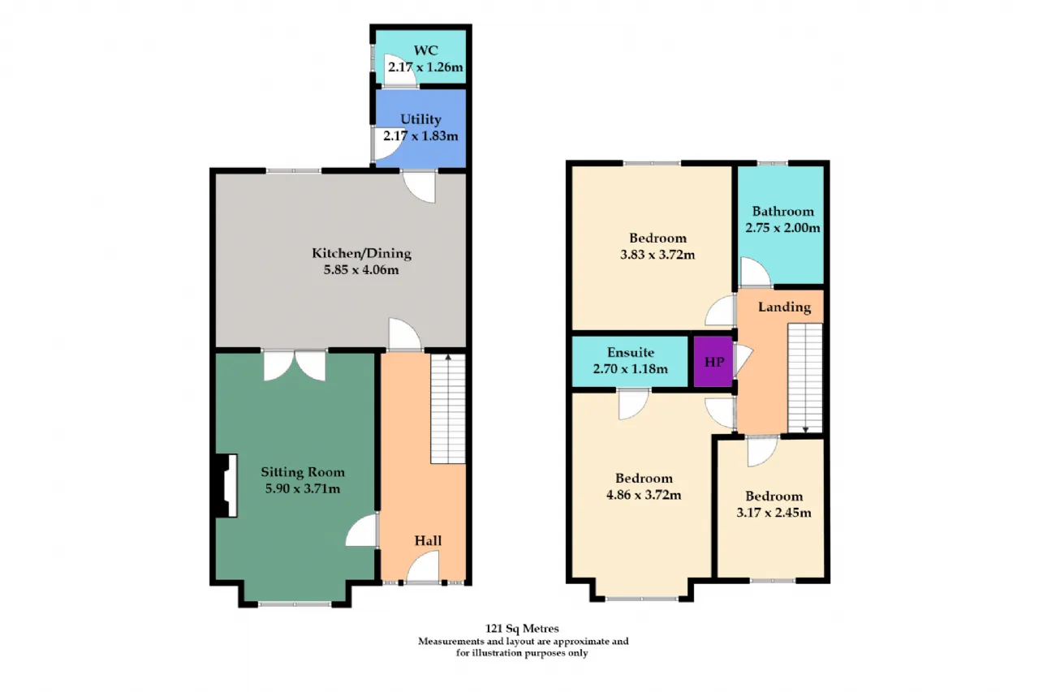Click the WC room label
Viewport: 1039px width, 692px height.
point(425,50)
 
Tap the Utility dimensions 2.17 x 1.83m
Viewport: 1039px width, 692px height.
point(420,135)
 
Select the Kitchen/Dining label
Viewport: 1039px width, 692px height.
point(361,253)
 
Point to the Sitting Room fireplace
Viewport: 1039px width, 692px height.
point(226,485)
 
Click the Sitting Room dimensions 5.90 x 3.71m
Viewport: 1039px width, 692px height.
point(303,488)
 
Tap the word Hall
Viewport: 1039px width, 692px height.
point(428,540)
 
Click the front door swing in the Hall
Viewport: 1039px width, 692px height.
point(423,566)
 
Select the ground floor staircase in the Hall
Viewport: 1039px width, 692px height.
point(448,409)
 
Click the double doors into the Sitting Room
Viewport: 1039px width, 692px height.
point(295,366)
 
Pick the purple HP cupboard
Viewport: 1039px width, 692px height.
point(714,362)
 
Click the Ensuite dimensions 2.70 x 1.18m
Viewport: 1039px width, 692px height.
point(631,369)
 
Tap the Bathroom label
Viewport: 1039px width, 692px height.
point(782,212)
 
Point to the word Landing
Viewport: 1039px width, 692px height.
point(784,307)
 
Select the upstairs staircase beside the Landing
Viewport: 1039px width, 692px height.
point(805,378)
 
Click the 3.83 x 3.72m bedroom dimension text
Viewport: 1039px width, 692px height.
point(657,255)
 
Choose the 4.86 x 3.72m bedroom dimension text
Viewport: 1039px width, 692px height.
point(644,495)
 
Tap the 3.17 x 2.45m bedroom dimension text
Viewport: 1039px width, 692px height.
point(774,513)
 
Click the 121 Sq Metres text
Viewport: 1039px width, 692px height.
point(522,629)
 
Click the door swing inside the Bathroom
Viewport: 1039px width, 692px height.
point(756,273)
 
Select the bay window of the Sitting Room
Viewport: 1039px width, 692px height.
point(295,604)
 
